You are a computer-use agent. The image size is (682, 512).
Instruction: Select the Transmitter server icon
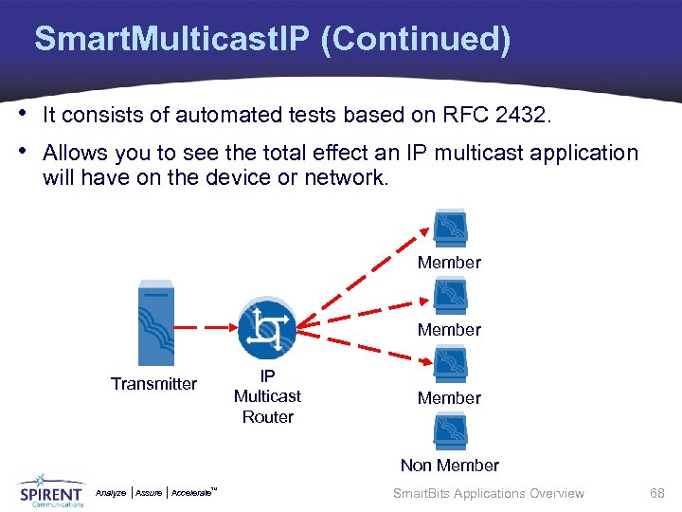[154, 323]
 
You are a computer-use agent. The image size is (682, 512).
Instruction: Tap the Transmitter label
[153, 384]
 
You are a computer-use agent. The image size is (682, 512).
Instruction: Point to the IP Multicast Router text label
[267, 396]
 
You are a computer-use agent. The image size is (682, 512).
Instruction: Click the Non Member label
[449, 466]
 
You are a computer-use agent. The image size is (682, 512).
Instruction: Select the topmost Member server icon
[449, 229]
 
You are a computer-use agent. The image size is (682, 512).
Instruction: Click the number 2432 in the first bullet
[522, 116]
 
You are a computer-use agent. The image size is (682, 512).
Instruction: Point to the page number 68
[656, 493]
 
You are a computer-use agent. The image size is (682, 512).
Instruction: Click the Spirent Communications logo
[50, 491]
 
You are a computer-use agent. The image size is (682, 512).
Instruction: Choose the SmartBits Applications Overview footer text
[488, 493]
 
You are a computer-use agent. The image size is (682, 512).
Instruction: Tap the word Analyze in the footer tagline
[111, 493]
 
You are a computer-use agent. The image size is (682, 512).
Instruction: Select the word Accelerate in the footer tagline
[192, 493]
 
